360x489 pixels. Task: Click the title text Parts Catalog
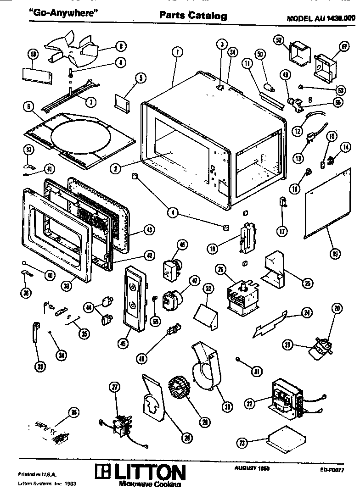[193, 16]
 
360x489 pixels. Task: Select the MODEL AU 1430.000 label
[321, 19]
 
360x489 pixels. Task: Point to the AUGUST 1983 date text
[252, 468]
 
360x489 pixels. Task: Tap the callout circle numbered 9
[120, 46]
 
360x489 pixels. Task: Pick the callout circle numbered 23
[242, 443]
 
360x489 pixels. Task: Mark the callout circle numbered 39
[67, 285]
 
